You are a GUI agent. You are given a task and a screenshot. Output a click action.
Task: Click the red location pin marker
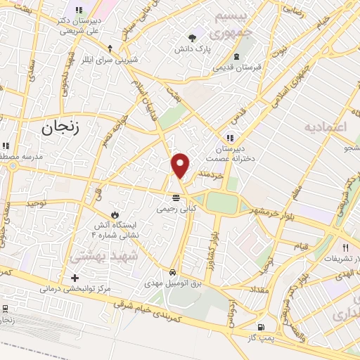180,166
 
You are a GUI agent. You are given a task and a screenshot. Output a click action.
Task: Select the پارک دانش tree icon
193,38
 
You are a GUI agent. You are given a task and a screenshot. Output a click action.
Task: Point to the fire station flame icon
115,212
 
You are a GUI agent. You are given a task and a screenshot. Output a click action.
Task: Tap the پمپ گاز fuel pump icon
261,328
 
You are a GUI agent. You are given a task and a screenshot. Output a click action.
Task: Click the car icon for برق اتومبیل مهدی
173,271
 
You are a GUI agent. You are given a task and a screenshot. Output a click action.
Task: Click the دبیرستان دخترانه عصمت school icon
229,137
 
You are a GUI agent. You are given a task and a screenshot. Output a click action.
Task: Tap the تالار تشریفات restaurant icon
345,247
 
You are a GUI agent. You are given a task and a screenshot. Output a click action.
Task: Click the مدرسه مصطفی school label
18,155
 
